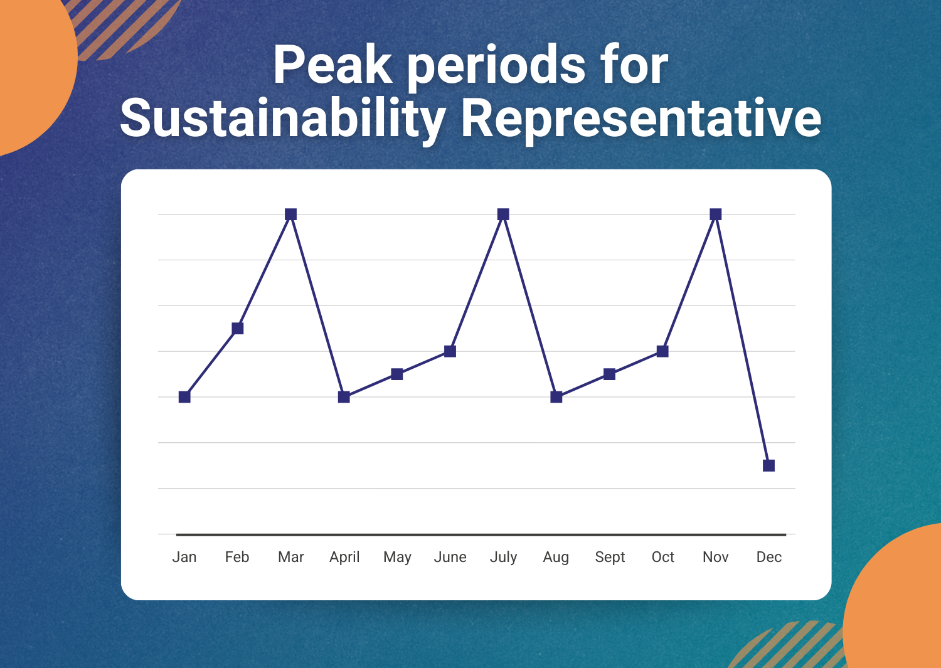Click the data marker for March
click(290, 215)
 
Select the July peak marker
click(503, 215)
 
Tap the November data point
click(716, 215)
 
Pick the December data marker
click(768, 465)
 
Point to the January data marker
click(184, 396)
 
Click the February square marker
click(238, 328)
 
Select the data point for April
click(344, 396)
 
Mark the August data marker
click(556, 396)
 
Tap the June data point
click(450, 351)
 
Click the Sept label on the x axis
click(610, 557)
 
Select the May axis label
click(397, 558)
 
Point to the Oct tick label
click(662, 557)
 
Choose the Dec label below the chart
click(768, 557)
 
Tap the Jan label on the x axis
click(184, 557)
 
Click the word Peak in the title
click(332, 64)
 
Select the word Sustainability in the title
click(283, 118)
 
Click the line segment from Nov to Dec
click(742, 340)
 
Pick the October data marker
click(662, 351)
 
